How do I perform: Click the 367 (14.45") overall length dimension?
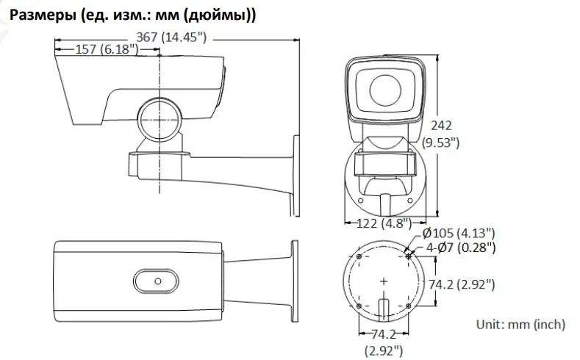171,37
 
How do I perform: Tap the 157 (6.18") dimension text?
107,49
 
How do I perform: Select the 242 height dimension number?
441,126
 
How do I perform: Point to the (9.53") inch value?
441,143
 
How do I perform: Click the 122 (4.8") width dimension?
384,223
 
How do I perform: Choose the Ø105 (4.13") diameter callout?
459,233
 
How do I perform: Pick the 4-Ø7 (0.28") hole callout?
461,248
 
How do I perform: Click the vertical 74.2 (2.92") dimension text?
462,284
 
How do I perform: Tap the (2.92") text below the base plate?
384,350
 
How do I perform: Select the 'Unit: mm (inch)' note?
520,325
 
